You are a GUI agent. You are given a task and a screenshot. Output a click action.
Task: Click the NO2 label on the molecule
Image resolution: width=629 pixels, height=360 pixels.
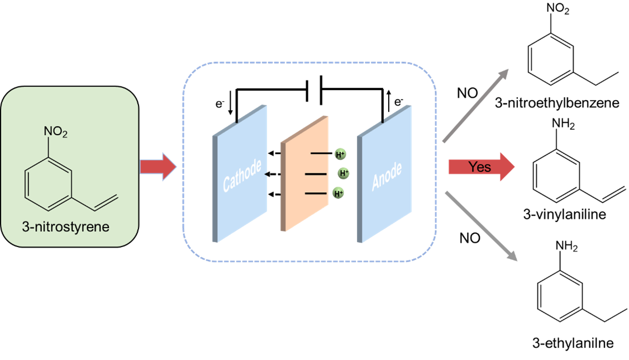[x=56, y=133]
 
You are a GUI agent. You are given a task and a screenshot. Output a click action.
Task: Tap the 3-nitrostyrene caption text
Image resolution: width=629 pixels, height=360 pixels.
[x=70, y=228]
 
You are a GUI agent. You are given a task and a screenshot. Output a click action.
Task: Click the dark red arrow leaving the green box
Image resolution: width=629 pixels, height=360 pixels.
[x=158, y=167]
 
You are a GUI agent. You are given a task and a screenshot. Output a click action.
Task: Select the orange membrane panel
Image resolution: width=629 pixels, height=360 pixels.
[x=304, y=173]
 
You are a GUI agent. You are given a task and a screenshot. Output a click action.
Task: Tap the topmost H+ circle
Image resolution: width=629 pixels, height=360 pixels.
[x=340, y=154]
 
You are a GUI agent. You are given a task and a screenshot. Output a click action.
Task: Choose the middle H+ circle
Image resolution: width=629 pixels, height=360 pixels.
[x=344, y=173]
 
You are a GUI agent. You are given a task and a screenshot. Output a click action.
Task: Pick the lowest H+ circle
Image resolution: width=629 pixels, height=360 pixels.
[x=338, y=193]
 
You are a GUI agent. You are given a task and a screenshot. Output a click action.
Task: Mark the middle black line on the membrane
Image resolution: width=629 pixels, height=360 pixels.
[x=316, y=174]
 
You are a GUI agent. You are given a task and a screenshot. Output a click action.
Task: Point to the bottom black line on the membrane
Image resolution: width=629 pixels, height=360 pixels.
[x=315, y=193]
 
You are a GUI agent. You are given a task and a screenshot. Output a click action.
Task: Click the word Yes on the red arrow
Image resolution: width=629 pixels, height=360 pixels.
[x=480, y=167]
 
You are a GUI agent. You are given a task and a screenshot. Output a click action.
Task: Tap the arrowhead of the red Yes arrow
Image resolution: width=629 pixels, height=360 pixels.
[x=507, y=167]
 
